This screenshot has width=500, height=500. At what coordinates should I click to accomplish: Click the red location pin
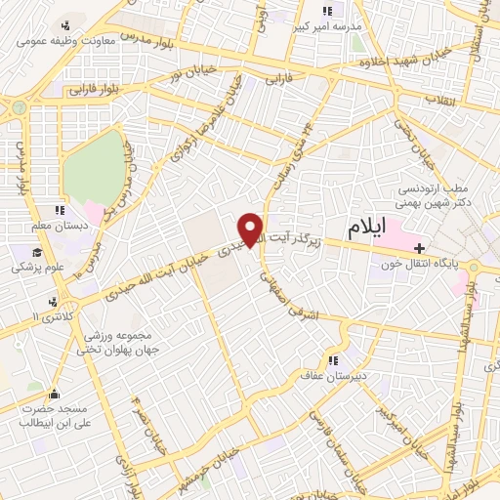(251, 229)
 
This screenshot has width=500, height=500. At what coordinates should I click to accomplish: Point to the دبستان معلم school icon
(61, 210)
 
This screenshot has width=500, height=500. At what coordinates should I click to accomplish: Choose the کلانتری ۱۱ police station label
(46, 319)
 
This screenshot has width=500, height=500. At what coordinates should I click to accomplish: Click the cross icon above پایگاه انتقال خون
(421, 248)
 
